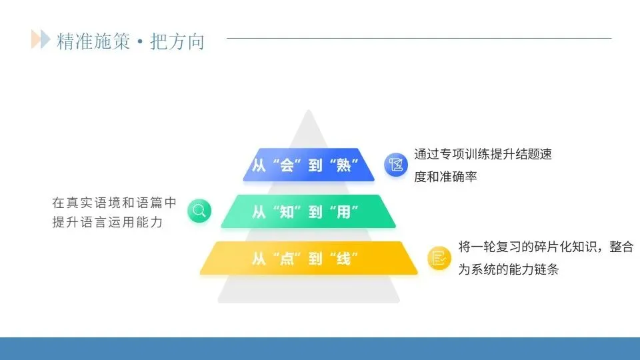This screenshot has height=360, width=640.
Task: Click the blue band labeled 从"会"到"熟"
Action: [x=308, y=165]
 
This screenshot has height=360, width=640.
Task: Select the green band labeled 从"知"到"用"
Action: [x=308, y=211]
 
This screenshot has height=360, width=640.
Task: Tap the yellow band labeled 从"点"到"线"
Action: [x=308, y=258]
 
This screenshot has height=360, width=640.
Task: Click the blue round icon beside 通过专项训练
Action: [x=396, y=165]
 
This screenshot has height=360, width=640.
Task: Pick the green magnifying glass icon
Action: [x=199, y=211]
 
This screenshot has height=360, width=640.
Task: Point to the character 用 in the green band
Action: [x=344, y=212]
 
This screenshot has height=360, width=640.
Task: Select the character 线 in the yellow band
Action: [x=344, y=259]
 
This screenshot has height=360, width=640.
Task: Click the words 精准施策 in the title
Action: [x=93, y=41]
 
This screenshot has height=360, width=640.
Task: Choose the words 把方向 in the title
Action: [x=177, y=41]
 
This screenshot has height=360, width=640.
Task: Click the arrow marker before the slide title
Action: [x=40, y=40]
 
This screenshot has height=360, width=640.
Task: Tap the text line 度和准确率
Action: [x=445, y=177]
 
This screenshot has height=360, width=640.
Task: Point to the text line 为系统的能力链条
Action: [x=509, y=270]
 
